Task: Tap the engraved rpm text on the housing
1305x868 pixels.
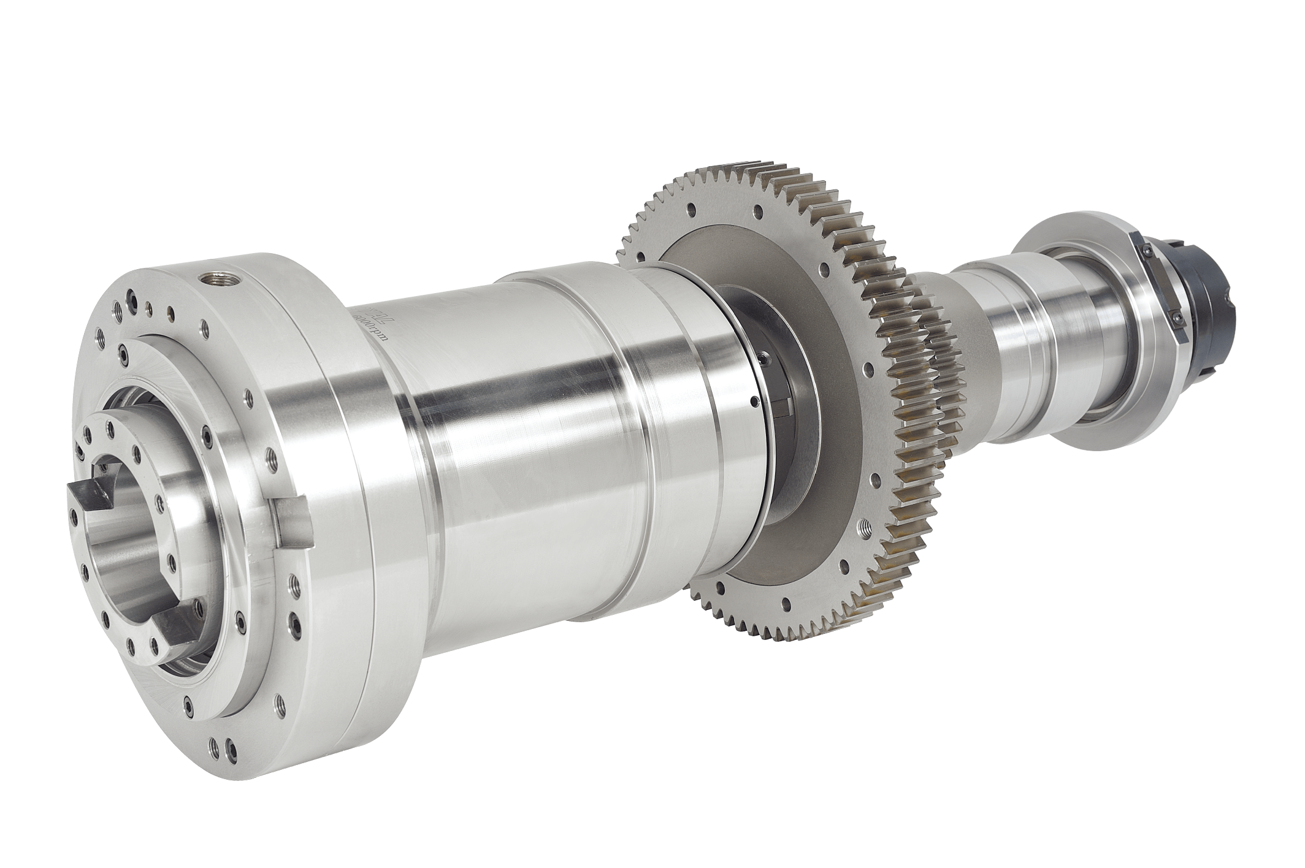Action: click(372, 331)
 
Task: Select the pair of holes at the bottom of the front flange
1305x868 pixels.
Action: click(221, 747)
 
